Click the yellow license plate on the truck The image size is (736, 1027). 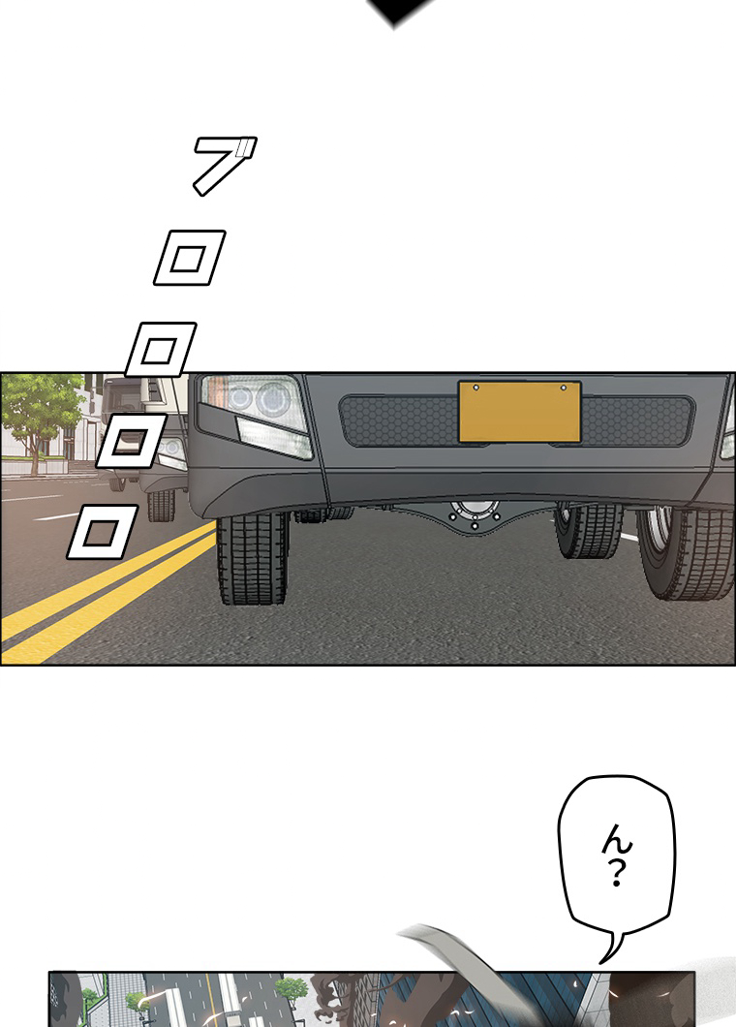coord(519,412)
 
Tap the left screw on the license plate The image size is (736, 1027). coord(476,388)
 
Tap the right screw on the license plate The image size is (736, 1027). coord(563,388)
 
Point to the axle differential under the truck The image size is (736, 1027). coord(475,514)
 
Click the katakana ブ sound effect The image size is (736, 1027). coord(225,165)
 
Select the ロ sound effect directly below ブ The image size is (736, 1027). coord(189,258)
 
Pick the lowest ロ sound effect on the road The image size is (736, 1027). coord(102,532)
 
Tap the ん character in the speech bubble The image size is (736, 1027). coord(617,840)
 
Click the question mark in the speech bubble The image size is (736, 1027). coord(616,873)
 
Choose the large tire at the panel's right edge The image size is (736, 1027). coord(687,554)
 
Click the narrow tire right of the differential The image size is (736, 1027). coord(589,531)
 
